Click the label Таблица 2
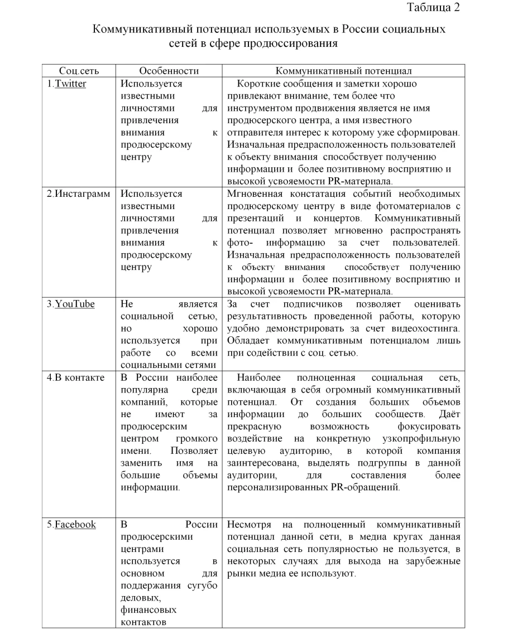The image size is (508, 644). [x=434, y=8]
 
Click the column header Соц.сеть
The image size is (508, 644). [x=79, y=71]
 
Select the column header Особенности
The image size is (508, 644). [x=169, y=71]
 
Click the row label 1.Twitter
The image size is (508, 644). [x=66, y=84]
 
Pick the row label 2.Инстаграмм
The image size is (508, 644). [x=78, y=195]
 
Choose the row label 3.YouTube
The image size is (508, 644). [x=70, y=304]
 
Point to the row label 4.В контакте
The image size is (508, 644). [x=75, y=377]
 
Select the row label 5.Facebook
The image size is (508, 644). [x=71, y=525]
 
